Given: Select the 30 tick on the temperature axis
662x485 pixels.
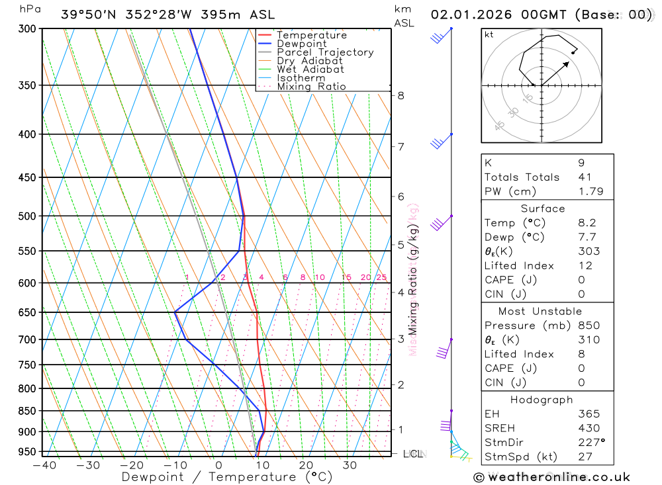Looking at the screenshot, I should [x=350, y=466].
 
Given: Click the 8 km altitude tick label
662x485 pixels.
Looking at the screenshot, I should [x=401, y=96].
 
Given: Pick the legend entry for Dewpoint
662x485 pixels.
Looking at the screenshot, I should [x=302, y=44].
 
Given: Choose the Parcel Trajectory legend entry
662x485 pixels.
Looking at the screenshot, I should [x=324, y=52].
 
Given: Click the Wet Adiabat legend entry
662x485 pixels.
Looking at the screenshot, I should [x=310, y=69].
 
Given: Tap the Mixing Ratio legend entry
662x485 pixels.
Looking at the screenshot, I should [x=311, y=87].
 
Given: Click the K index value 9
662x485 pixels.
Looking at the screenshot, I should [x=581, y=163].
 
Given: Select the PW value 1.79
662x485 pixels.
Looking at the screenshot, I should [x=587, y=192].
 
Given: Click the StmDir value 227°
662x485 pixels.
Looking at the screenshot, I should [x=591, y=443].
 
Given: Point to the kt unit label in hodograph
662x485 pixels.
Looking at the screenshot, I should [x=489, y=34].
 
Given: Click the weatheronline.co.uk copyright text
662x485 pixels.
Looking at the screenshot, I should [x=552, y=477].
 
